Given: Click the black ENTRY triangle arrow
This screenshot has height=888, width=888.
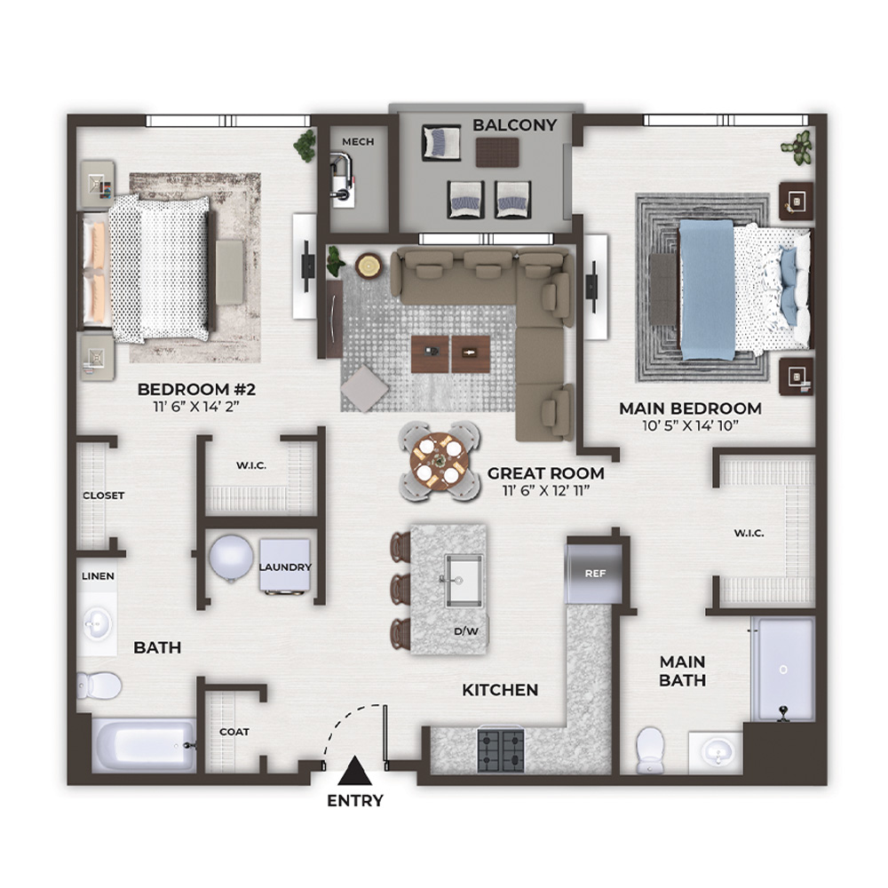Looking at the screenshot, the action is (354, 771).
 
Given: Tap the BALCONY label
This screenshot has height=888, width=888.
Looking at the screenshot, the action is (515, 125).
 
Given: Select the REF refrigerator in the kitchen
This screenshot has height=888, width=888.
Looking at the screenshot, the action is (594, 573).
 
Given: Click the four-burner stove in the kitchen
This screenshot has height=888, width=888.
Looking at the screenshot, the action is (501, 750).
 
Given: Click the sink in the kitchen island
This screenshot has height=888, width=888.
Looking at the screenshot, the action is (464, 581).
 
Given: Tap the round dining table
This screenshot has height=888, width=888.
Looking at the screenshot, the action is (440, 459).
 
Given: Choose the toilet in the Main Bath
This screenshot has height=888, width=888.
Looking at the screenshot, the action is (649, 749).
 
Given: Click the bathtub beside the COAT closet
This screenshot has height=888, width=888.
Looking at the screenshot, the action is (144, 745).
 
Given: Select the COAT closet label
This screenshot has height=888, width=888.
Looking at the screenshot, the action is (234, 732).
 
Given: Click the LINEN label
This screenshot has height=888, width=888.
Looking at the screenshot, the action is (98, 576).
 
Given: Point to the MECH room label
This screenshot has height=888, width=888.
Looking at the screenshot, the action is (358, 141).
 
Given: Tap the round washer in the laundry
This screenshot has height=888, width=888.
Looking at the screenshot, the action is (231, 558).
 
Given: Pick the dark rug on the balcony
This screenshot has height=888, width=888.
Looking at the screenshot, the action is (497, 153).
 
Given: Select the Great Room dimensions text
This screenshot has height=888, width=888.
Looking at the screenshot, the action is (546, 490).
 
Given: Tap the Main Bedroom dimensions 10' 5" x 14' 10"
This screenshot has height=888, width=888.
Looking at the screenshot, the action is (690, 425).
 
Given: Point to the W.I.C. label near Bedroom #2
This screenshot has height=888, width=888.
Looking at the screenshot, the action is (251, 465).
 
